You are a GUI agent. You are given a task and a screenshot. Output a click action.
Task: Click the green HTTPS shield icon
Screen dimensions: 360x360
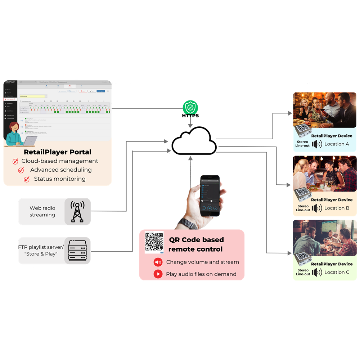coord(190,107)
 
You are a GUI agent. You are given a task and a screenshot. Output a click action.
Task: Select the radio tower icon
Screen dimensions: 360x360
coord(77,212)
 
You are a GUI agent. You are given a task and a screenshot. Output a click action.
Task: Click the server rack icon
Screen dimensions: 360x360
coord(77,251)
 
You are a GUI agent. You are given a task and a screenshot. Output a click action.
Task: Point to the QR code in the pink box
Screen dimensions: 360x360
coord(154,242)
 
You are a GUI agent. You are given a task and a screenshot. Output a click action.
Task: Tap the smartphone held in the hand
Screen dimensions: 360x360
coord(210,196)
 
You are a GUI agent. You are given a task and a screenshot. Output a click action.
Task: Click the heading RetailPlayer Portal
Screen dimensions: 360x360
coord(58,152)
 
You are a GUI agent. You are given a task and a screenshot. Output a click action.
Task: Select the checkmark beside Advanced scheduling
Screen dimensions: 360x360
coord(21,170)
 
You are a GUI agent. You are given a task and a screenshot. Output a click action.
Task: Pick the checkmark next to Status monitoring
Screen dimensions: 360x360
coord(27,179)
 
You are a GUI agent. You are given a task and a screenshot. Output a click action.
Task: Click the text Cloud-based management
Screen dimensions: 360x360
coord(60,161)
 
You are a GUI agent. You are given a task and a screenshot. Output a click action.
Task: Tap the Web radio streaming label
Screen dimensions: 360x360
coord(42,211)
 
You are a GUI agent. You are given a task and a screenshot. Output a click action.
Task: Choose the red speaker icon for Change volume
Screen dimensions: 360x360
coord(158,262)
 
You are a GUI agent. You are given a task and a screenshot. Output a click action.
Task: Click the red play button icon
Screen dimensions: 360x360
coord(158,274)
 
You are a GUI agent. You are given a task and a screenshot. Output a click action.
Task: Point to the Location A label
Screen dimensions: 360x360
coord(337,144)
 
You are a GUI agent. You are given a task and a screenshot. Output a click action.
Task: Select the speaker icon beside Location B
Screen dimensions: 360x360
coord(317,208)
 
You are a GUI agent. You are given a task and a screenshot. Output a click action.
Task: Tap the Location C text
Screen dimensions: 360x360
coord(337,272)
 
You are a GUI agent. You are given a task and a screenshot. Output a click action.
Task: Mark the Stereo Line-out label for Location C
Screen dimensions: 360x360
coord(303,272)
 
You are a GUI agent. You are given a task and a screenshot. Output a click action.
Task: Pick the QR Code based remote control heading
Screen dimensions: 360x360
coord(196,244)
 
